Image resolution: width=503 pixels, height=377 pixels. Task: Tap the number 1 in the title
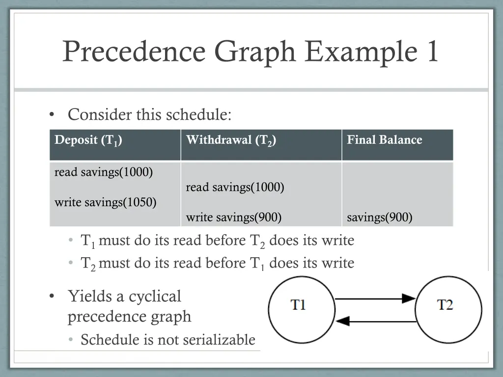tap(432, 51)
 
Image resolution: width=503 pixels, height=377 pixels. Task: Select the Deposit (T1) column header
tap(88, 140)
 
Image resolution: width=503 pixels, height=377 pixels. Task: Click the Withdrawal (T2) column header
tap(231, 140)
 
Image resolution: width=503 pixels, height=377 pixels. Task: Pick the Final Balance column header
tap(384, 140)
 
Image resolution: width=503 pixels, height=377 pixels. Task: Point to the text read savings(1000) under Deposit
tap(104, 172)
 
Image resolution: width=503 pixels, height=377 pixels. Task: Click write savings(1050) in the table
tap(105, 202)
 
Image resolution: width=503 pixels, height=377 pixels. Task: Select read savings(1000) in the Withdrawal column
tap(235, 187)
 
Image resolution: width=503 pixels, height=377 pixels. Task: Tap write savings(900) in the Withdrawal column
tap(233, 217)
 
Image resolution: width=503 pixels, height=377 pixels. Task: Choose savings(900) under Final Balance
tap(379, 217)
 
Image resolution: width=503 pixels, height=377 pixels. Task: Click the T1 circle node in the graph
tap(298, 309)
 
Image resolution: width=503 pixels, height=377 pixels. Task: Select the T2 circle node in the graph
tap(448, 309)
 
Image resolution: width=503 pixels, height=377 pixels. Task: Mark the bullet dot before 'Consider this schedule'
tap(52, 115)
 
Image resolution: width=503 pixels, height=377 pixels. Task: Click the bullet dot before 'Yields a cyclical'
tap(52, 297)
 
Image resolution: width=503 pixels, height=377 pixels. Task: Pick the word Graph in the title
tap(255, 51)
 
